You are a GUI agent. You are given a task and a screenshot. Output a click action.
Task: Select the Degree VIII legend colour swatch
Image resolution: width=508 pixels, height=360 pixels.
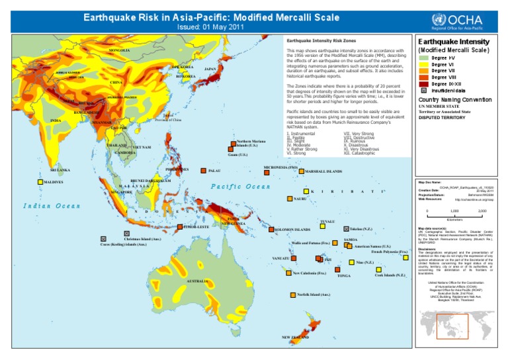point(422,77)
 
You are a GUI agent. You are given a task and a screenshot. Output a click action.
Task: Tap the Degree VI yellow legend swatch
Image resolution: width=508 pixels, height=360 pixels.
point(422,64)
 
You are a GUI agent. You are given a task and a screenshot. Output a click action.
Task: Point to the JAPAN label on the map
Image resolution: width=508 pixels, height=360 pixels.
point(211,69)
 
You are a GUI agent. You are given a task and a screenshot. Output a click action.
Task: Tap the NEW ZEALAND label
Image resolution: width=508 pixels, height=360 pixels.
point(296,337)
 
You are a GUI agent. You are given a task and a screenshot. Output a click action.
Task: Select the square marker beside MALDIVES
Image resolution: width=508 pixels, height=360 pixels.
point(40,181)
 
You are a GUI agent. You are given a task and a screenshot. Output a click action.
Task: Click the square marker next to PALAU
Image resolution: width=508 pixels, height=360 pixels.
point(204,171)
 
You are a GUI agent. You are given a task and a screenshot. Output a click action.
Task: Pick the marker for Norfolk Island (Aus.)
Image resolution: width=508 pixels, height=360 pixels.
point(292,294)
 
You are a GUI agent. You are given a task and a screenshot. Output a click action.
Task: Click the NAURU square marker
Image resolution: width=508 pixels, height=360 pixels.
point(288,199)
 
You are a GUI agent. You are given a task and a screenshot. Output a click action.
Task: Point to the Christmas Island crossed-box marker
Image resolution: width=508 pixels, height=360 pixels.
point(126,233)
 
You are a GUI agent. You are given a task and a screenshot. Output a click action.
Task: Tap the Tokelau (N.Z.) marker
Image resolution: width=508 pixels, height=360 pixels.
point(347,229)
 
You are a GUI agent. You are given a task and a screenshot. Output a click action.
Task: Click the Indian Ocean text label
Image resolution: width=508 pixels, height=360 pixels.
point(51,206)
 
